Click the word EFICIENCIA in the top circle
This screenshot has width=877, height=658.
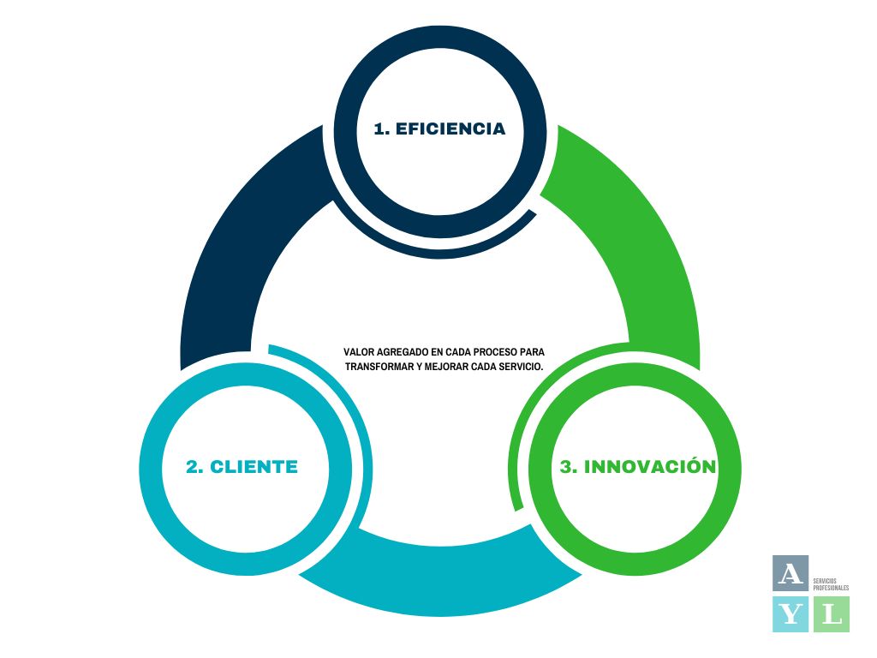[x=450, y=129]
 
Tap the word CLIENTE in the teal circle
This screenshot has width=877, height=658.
[x=254, y=467]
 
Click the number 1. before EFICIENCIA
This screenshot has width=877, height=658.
[x=382, y=129]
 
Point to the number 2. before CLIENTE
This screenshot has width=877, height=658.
[x=194, y=467]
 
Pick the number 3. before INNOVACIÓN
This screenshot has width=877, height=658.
[x=568, y=467]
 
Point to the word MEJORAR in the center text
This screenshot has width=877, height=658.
[x=444, y=366]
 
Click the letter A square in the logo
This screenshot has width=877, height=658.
[x=790, y=573]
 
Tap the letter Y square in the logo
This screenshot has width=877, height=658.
[x=790, y=614]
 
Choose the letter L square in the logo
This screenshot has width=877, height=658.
[x=831, y=614]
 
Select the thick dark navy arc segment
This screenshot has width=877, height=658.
[x=231, y=248]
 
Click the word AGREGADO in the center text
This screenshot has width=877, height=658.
[x=401, y=352]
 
